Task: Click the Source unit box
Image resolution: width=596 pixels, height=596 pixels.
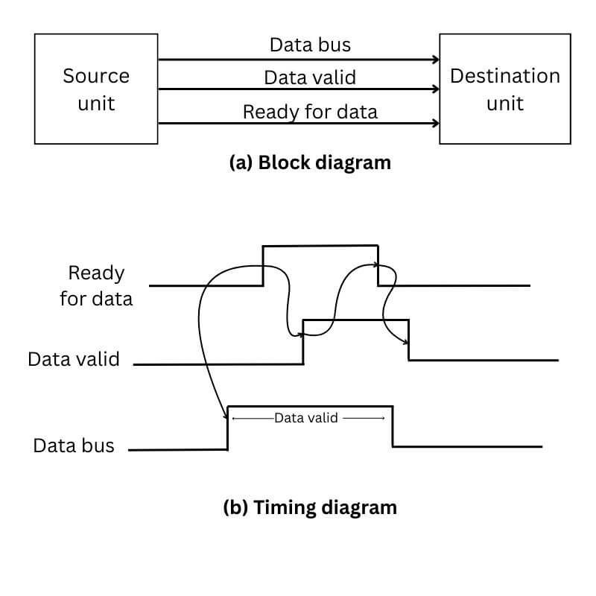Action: point(96,89)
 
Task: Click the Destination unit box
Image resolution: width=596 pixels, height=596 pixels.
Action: point(504,89)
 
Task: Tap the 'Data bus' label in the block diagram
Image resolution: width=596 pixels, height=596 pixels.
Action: point(310,45)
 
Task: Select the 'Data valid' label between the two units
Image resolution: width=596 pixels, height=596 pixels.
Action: point(310,77)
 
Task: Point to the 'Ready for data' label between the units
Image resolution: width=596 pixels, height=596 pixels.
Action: point(310,112)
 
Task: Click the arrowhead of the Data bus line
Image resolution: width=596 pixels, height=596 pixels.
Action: point(434,59)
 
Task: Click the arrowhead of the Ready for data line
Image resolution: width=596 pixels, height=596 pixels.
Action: point(434,123)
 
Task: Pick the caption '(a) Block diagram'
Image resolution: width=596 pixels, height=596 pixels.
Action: point(309,162)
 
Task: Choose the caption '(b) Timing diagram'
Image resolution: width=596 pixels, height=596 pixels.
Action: point(310,508)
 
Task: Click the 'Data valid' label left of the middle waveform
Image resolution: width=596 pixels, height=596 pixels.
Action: point(74,359)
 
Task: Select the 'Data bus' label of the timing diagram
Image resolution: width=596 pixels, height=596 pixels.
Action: point(74,446)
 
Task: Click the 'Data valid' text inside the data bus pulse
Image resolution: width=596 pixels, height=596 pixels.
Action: point(306,418)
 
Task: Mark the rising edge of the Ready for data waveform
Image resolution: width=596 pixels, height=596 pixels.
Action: point(263,265)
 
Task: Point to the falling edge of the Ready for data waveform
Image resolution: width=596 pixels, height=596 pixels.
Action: point(378,265)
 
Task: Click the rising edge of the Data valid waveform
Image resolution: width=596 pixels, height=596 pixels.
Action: point(303,341)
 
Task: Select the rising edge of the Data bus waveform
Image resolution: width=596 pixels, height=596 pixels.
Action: point(227,428)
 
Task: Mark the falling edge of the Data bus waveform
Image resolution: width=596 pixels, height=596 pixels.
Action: point(393,427)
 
